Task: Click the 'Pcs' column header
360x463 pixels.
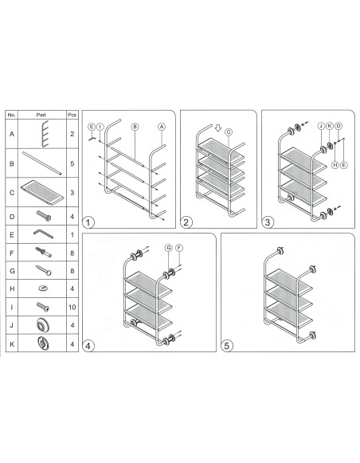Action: [x=72, y=115]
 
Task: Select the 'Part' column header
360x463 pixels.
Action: [x=41, y=115]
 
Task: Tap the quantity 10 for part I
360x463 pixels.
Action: [x=72, y=307]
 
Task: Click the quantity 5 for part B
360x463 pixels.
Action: [x=72, y=163]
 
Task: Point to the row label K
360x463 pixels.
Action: [x=12, y=344]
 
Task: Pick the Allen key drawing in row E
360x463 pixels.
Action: [x=43, y=234]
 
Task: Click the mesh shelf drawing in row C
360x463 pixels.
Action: [x=42, y=192]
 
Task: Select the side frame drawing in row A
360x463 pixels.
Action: [x=45, y=134]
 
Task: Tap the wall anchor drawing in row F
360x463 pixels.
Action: [x=43, y=252]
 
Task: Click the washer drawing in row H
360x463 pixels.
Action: [x=43, y=288]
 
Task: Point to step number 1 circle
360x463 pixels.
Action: [x=88, y=222]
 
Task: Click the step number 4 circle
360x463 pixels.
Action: [x=88, y=346]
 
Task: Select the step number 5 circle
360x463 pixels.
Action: [x=227, y=346]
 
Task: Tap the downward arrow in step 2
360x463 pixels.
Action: [x=217, y=128]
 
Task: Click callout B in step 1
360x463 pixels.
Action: [x=135, y=127]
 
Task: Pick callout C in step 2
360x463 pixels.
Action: [x=229, y=132]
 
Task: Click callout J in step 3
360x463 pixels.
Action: [x=321, y=126]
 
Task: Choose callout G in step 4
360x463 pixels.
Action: [x=169, y=248]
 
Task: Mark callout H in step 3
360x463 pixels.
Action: [x=335, y=165]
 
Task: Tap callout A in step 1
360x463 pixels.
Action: [x=162, y=127]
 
